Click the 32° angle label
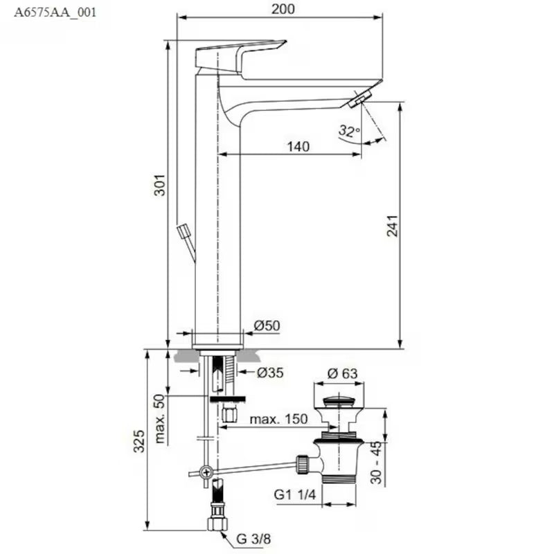click(349, 129)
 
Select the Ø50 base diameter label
click(267, 325)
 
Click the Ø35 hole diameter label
click(270, 373)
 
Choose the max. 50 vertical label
click(159, 420)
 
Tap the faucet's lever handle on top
click(240, 55)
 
